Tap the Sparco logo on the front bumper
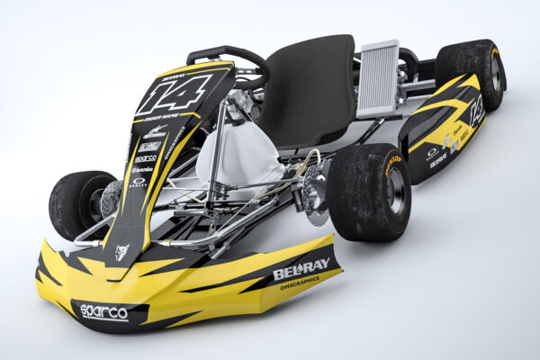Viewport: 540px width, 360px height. click(103, 311)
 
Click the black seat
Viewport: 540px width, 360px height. click(315, 90)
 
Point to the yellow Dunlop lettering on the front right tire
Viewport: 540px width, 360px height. click(392, 165)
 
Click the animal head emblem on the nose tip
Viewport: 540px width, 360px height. click(121, 252)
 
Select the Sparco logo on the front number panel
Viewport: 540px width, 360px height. click(146, 157)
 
